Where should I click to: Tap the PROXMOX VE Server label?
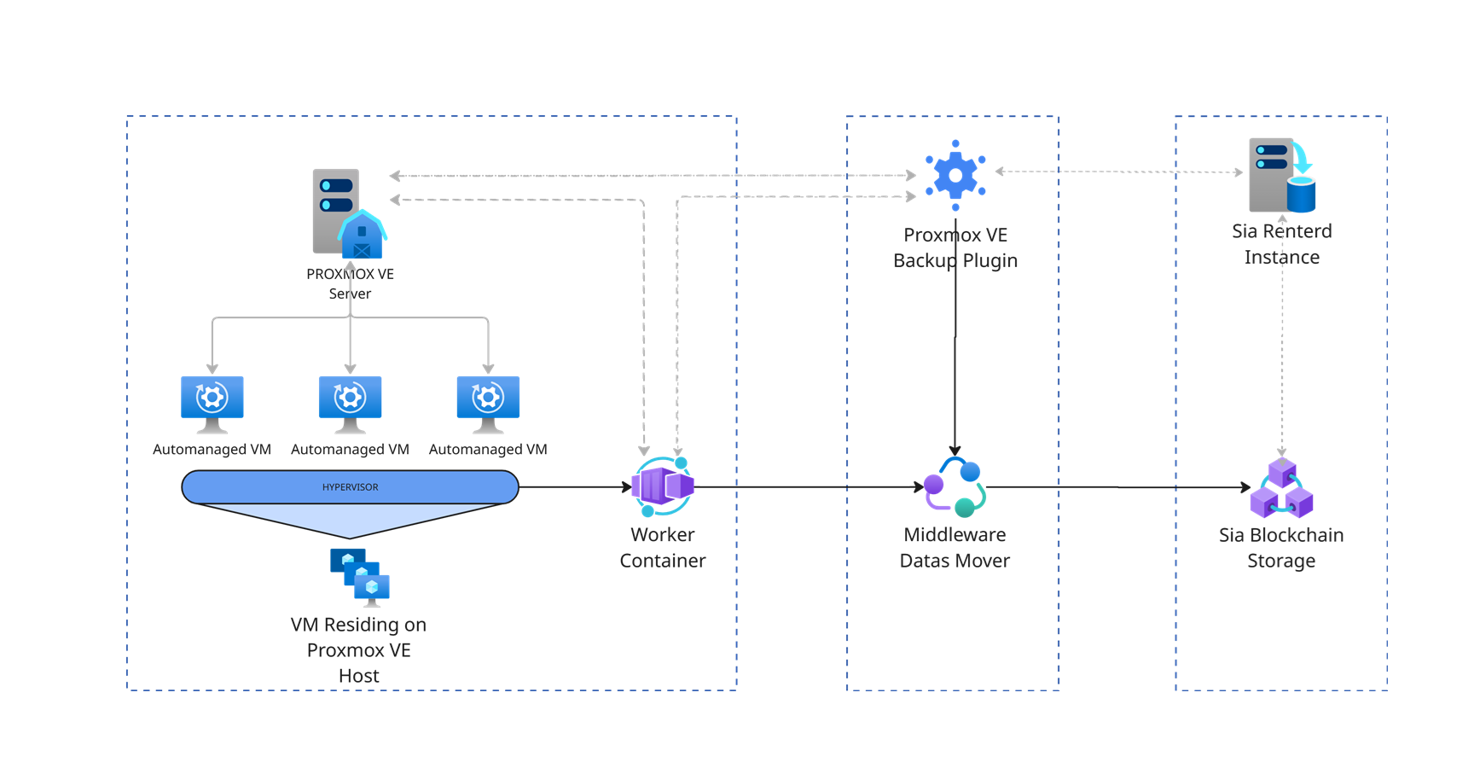point(350,283)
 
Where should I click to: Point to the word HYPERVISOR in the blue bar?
point(350,487)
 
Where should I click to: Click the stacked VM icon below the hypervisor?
point(360,576)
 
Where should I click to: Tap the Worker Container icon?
point(664,486)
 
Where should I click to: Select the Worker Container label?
point(663,548)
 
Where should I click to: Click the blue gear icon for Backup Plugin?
point(955,175)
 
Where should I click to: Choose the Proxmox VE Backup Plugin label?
point(955,247)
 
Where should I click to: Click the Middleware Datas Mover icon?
point(955,487)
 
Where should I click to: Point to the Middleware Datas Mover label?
point(955,548)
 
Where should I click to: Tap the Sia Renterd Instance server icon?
point(1281,176)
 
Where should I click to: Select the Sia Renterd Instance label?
point(1281,244)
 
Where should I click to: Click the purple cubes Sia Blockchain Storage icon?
point(1281,489)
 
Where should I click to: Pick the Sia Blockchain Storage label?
point(1281,548)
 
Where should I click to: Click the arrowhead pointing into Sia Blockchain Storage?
point(1245,487)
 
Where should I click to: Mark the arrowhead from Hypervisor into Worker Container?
point(627,487)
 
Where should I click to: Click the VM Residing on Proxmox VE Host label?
point(358,650)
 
